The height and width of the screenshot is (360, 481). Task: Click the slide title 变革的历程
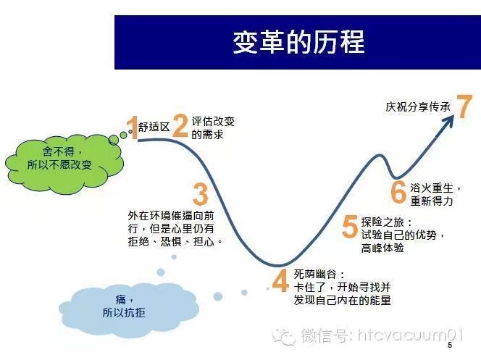click(x=298, y=42)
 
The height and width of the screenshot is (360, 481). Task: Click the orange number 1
click(x=133, y=127)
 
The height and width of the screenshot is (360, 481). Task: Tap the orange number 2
click(x=180, y=125)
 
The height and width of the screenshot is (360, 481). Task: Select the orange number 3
click(x=201, y=194)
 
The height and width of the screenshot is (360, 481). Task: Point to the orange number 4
click(x=280, y=280)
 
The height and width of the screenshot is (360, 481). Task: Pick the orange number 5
click(x=350, y=226)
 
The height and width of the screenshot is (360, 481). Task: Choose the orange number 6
click(x=398, y=192)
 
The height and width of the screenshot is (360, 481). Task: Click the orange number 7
click(x=464, y=106)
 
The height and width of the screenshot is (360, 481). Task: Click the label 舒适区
click(x=154, y=127)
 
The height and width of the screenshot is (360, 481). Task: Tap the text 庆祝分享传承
click(x=417, y=106)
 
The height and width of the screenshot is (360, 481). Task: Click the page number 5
click(x=450, y=345)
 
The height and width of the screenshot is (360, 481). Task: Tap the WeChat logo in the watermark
click(x=284, y=336)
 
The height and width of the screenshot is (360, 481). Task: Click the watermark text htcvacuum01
click(x=410, y=335)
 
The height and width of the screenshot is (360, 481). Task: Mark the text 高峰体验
click(x=382, y=248)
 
